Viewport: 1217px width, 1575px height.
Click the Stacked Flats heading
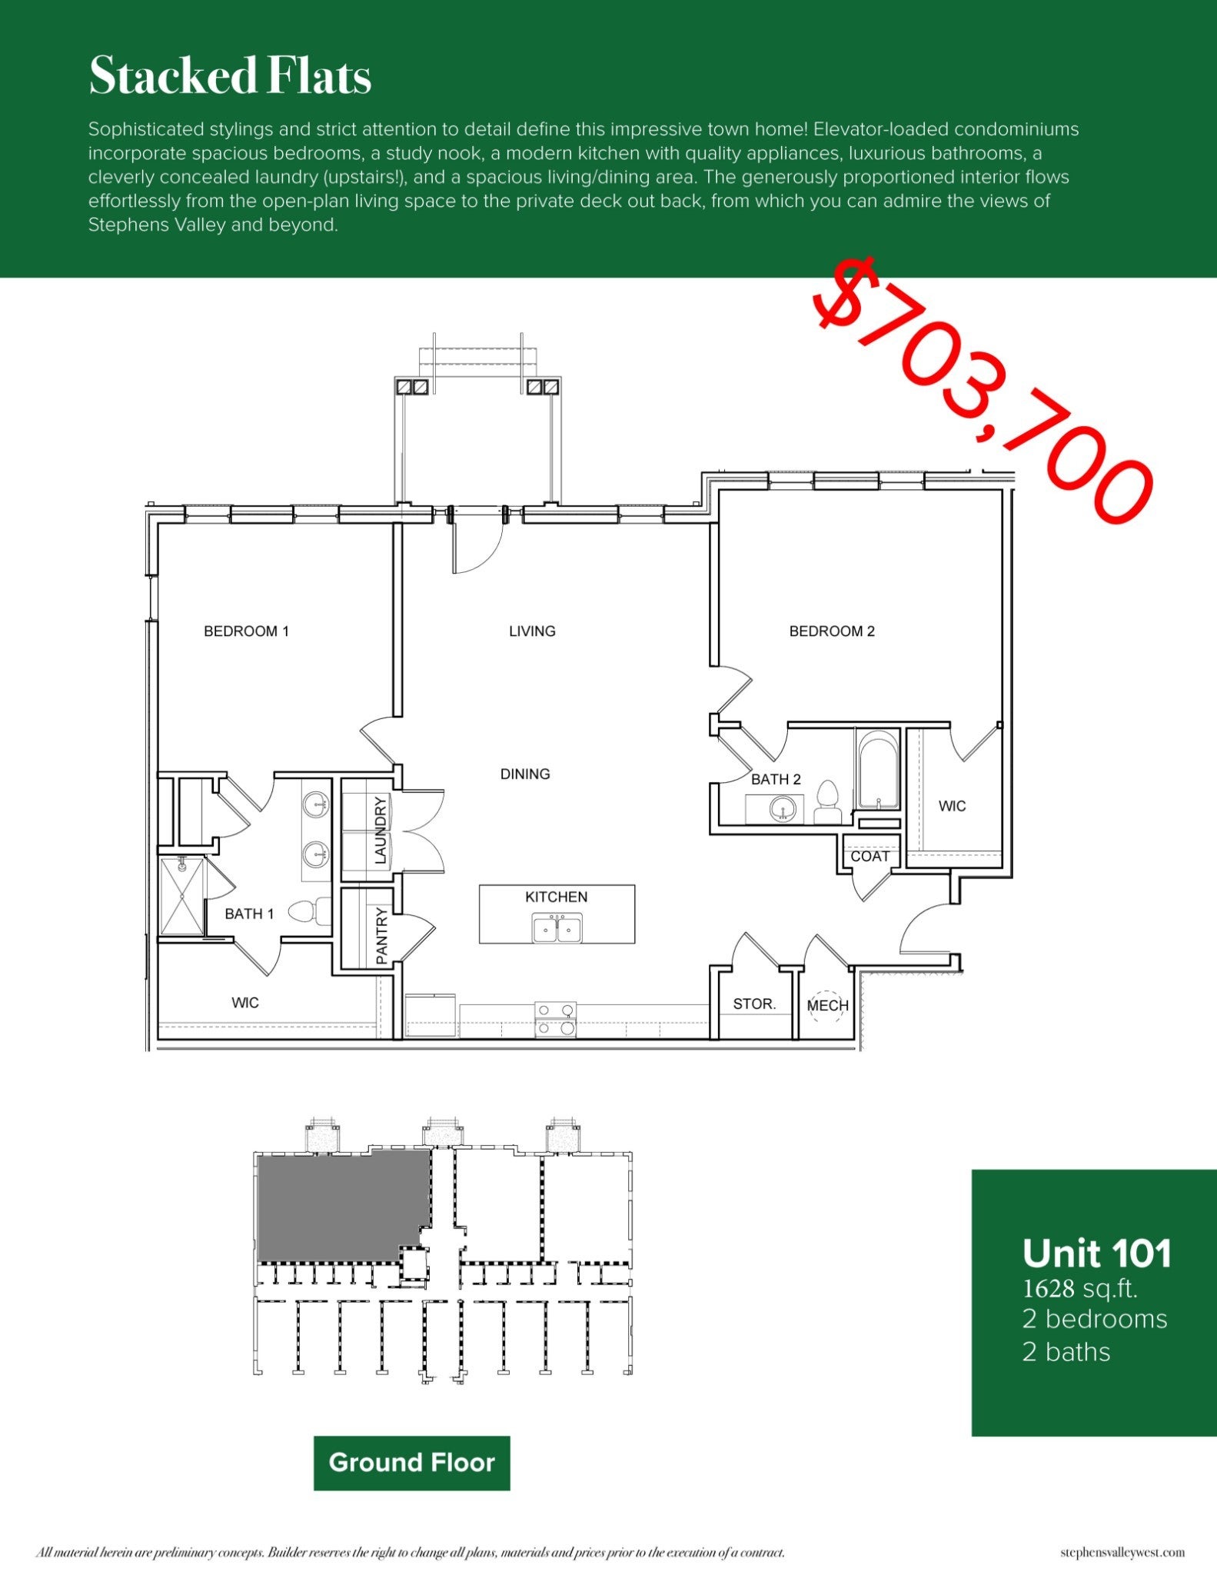pos(230,77)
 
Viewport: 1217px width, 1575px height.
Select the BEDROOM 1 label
pos(246,631)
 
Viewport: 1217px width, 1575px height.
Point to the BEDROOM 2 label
pos(832,631)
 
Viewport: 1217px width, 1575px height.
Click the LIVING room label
pos(532,631)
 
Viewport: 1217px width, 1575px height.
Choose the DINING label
pos(525,774)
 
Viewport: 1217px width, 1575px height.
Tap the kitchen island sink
pos(557,928)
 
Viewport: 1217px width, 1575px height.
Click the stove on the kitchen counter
pos(555,1018)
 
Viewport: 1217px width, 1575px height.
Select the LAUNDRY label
pos(380,831)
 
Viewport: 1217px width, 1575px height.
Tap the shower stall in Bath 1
pos(182,897)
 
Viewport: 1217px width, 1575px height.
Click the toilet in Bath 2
pos(827,799)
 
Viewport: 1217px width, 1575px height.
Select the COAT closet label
pos(870,857)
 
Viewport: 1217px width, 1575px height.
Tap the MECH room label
pos(827,1006)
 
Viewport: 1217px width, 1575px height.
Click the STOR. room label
pos(754,1004)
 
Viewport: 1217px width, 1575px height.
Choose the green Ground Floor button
pos(411,1462)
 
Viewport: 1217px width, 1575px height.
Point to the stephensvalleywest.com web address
pos(1122,1553)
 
